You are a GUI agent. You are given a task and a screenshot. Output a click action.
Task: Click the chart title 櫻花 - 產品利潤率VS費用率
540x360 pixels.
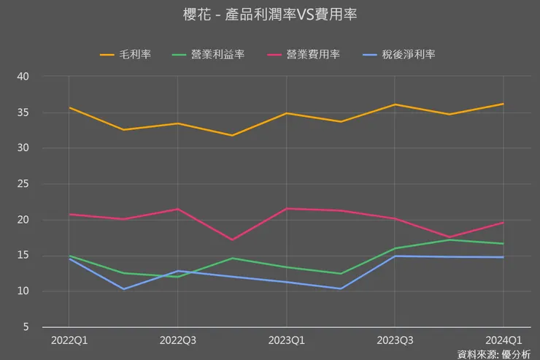(x=270, y=15)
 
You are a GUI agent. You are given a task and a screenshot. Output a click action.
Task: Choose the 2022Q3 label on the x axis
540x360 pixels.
(x=177, y=340)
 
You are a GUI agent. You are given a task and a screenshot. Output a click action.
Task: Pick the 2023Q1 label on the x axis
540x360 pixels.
(x=286, y=340)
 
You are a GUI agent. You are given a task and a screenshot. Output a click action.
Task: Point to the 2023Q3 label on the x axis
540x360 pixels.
(x=395, y=340)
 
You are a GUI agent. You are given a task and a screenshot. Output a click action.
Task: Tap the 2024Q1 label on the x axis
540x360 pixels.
(x=504, y=340)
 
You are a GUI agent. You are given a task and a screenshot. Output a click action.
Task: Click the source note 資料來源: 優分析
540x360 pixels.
(x=494, y=354)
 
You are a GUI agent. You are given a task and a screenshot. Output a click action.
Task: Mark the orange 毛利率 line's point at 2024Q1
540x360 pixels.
(x=504, y=104)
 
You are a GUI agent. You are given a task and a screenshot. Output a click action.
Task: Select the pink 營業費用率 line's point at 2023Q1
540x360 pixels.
(x=286, y=209)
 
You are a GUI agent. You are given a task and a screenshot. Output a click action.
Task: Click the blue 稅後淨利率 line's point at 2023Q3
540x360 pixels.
(x=395, y=256)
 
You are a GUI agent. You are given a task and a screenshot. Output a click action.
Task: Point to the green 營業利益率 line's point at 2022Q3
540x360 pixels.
(x=177, y=277)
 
